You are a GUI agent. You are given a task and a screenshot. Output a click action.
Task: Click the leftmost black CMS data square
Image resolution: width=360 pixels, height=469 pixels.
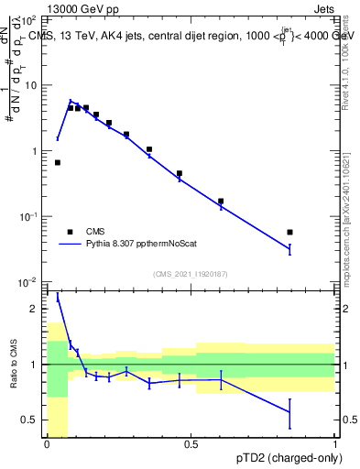pos(58,162)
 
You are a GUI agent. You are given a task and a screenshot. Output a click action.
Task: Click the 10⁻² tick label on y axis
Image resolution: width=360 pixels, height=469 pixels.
pos(28,282)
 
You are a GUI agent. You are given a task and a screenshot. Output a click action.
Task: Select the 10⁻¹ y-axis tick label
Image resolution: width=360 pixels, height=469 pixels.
pos(28,216)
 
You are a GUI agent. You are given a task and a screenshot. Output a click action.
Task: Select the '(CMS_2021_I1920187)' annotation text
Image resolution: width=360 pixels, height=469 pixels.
pos(191,274)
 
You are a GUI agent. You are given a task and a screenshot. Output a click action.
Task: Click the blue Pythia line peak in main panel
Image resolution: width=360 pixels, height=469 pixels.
pos(70,102)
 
